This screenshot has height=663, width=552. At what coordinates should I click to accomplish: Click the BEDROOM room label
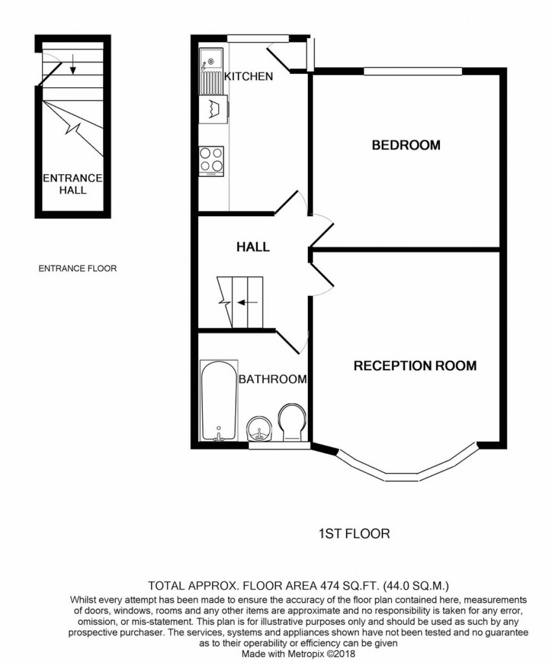[x=406, y=145]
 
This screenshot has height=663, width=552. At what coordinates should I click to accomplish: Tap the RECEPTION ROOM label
[x=415, y=366]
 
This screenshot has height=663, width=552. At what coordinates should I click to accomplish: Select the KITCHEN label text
[x=249, y=77]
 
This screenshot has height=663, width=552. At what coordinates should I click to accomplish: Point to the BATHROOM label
[x=273, y=379]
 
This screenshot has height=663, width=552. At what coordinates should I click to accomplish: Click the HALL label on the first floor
[x=253, y=247]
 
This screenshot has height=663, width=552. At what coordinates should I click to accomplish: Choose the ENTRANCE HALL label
[x=73, y=184]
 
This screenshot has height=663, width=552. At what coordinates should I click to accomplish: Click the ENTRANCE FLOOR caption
[x=78, y=268]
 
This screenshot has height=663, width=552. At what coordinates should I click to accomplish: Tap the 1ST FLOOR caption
[x=354, y=534]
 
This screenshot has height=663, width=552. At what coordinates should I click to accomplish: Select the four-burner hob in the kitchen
[x=212, y=160]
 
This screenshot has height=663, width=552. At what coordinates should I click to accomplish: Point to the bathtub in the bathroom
[x=218, y=400]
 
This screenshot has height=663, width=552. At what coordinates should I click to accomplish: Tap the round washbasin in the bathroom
[x=260, y=430]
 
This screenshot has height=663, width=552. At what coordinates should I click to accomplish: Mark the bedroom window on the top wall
[x=413, y=70]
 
